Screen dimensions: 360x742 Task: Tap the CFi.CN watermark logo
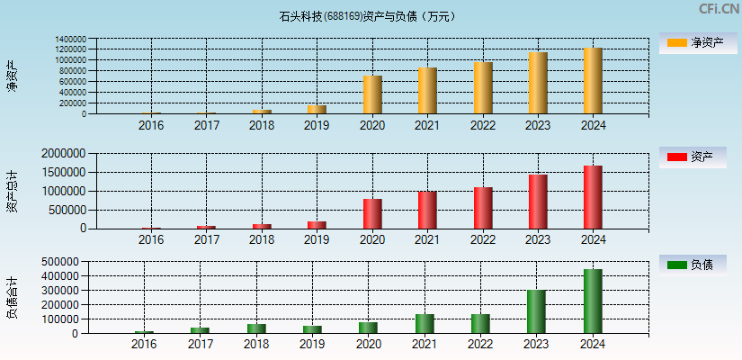coord(718,9)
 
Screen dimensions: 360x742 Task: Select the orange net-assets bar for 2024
coord(593,81)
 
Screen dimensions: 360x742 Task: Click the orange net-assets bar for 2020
coord(372,94)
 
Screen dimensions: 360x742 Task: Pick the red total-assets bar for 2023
coord(538,201)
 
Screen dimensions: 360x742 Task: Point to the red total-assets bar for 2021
coord(427,210)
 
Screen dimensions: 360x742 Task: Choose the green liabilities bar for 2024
coord(593,301)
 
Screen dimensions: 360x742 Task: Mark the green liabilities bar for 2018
coord(257,328)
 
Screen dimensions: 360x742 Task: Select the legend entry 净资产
coord(693,42)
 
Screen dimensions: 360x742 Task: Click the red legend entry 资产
coord(693,157)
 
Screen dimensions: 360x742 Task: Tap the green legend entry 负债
coord(693,265)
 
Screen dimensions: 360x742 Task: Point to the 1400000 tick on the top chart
coord(70,40)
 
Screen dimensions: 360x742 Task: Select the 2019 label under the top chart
coord(317,125)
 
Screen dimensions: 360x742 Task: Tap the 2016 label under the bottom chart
coord(144,345)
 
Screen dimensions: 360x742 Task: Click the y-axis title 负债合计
coord(12,298)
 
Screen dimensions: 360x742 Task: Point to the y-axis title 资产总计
coord(12,190)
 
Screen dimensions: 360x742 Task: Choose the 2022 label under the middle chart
coord(482,239)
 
